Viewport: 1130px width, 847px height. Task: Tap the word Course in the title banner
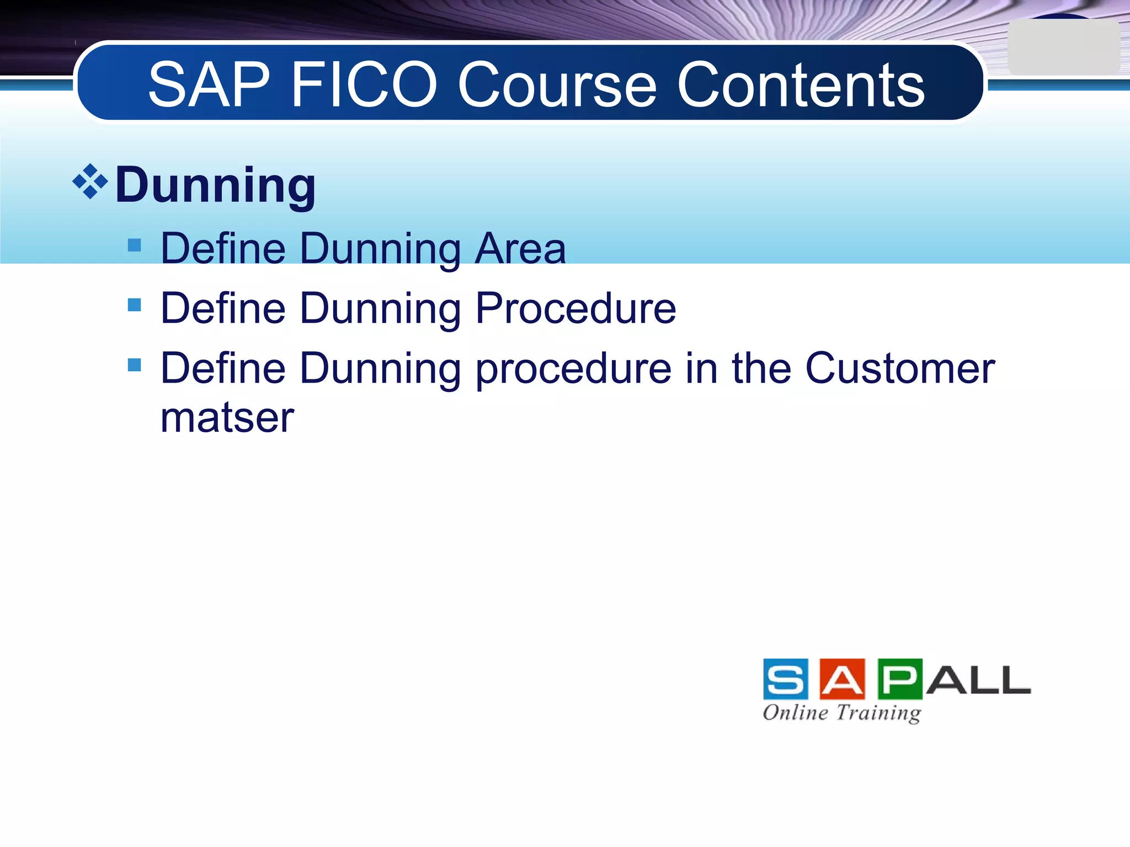click(x=557, y=85)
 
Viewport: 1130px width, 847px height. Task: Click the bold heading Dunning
click(x=215, y=185)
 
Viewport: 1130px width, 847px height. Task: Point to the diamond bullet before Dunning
click(x=90, y=181)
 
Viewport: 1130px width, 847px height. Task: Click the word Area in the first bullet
click(x=520, y=249)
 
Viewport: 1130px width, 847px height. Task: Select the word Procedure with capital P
click(x=575, y=308)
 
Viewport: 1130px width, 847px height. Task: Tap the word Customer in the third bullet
click(x=900, y=368)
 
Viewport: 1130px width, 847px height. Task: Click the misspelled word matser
click(x=227, y=417)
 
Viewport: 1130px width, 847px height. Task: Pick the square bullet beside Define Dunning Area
click(x=134, y=245)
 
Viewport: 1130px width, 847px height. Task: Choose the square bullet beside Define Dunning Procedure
click(x=134, y=304)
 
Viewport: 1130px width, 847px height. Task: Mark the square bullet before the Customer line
click(x=134, y=364)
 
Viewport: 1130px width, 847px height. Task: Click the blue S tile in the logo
click(x=786, y=679)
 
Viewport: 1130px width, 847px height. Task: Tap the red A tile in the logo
click(x=842, y=679)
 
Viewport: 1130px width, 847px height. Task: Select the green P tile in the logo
click(x=899, y=679)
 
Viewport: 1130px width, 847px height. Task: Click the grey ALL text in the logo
click(x=978, y=680)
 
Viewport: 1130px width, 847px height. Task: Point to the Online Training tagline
click(x=841, y=712)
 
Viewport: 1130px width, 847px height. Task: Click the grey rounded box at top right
click(x=1063, y=47)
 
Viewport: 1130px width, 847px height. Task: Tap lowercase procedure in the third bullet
click(x=573, y=368)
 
